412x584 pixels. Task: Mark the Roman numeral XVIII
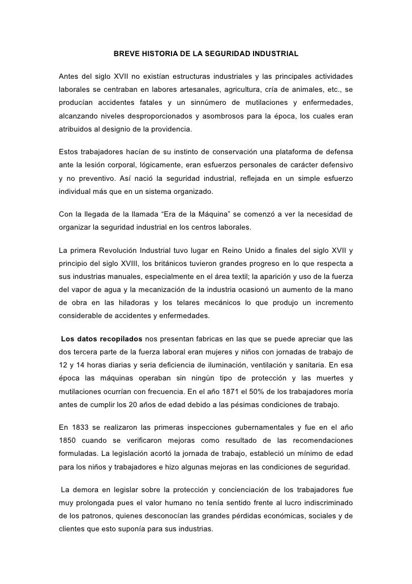pos(132,263)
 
